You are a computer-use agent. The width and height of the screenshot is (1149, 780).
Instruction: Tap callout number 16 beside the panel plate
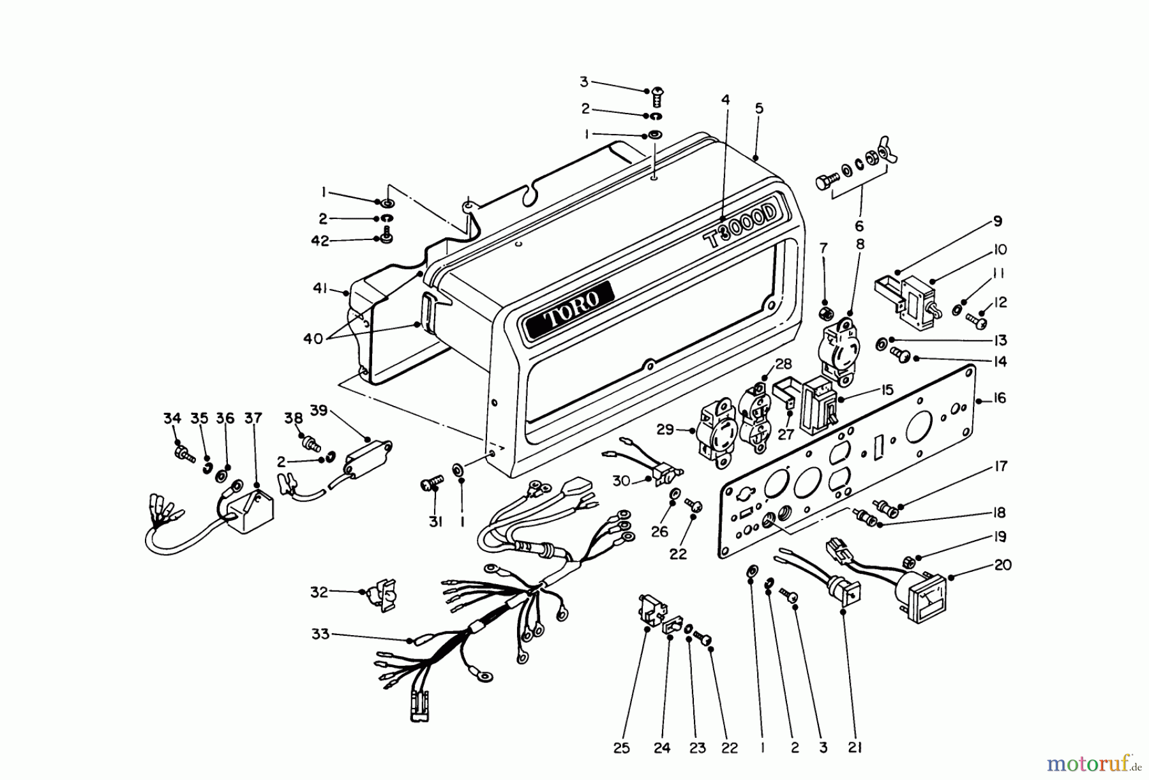(1000, 398)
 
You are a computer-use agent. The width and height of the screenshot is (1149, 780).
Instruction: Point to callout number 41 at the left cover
(320, 289)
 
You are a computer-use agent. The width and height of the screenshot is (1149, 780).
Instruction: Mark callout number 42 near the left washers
(320, 241)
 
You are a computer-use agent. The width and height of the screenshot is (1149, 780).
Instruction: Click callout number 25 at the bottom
(622, 748)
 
